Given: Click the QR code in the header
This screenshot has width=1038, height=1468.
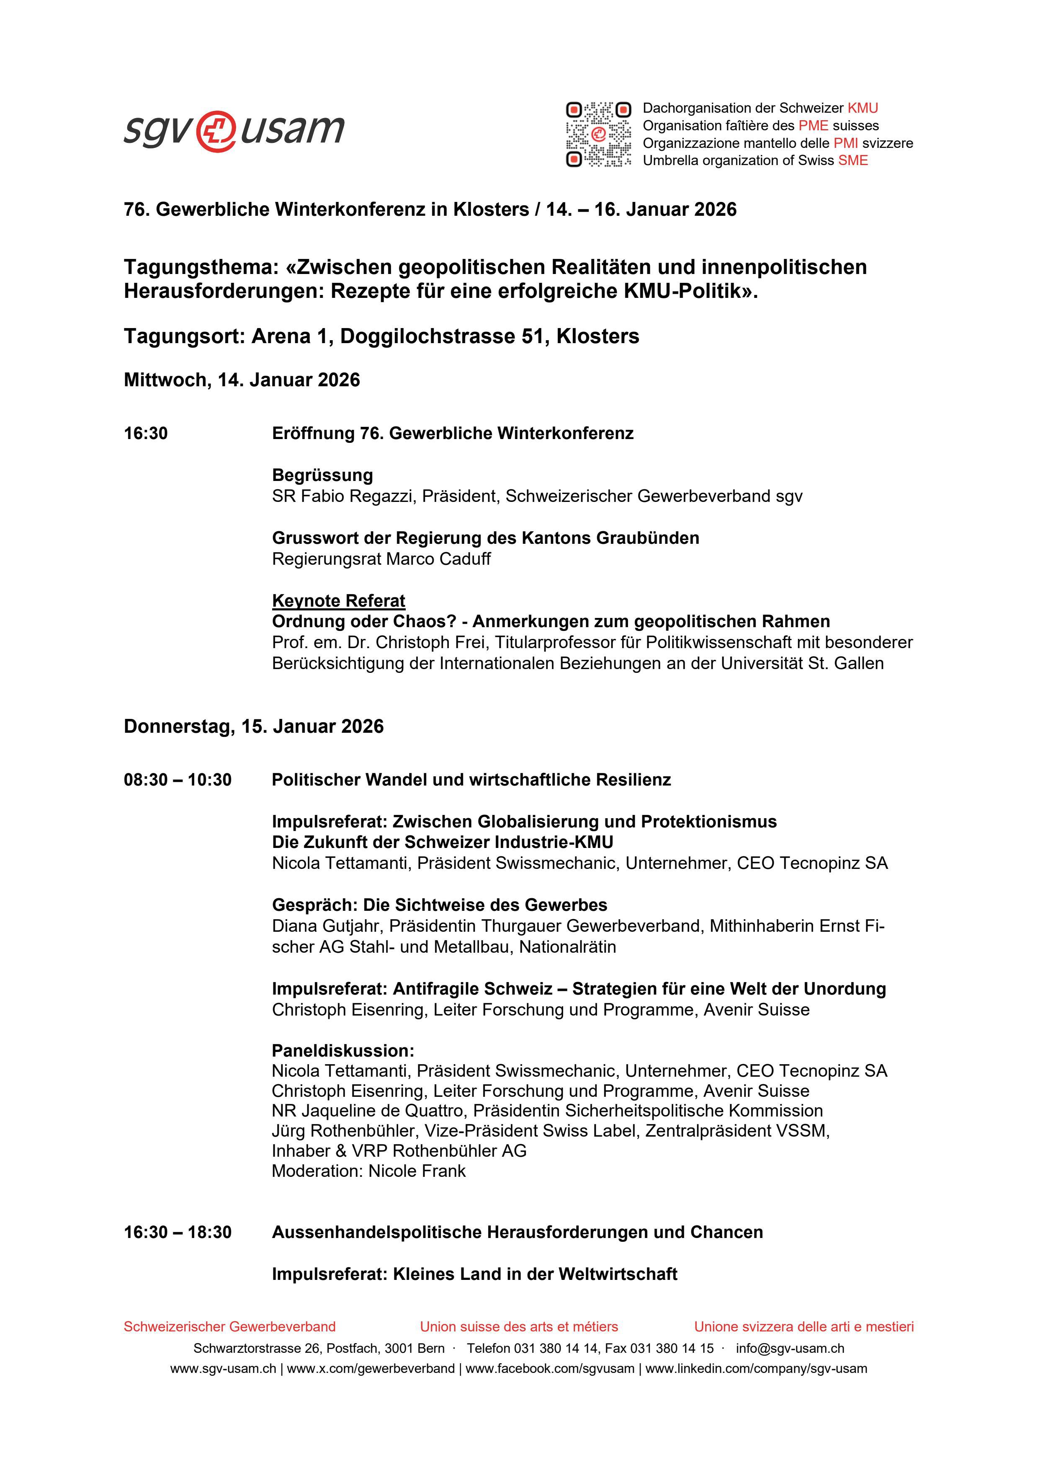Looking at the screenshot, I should [598, 134].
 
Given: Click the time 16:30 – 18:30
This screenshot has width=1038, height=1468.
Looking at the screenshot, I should [178, 1232].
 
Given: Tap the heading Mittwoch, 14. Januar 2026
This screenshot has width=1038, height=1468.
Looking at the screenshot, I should [242, 380].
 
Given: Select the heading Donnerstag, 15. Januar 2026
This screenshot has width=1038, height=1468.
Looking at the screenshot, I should [254, 726].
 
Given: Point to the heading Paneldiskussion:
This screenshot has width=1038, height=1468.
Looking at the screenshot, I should [343, 1050].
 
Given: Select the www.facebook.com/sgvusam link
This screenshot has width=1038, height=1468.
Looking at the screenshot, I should [550, 1369].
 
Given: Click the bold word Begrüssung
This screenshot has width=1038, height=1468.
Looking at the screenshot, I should [322, 475].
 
